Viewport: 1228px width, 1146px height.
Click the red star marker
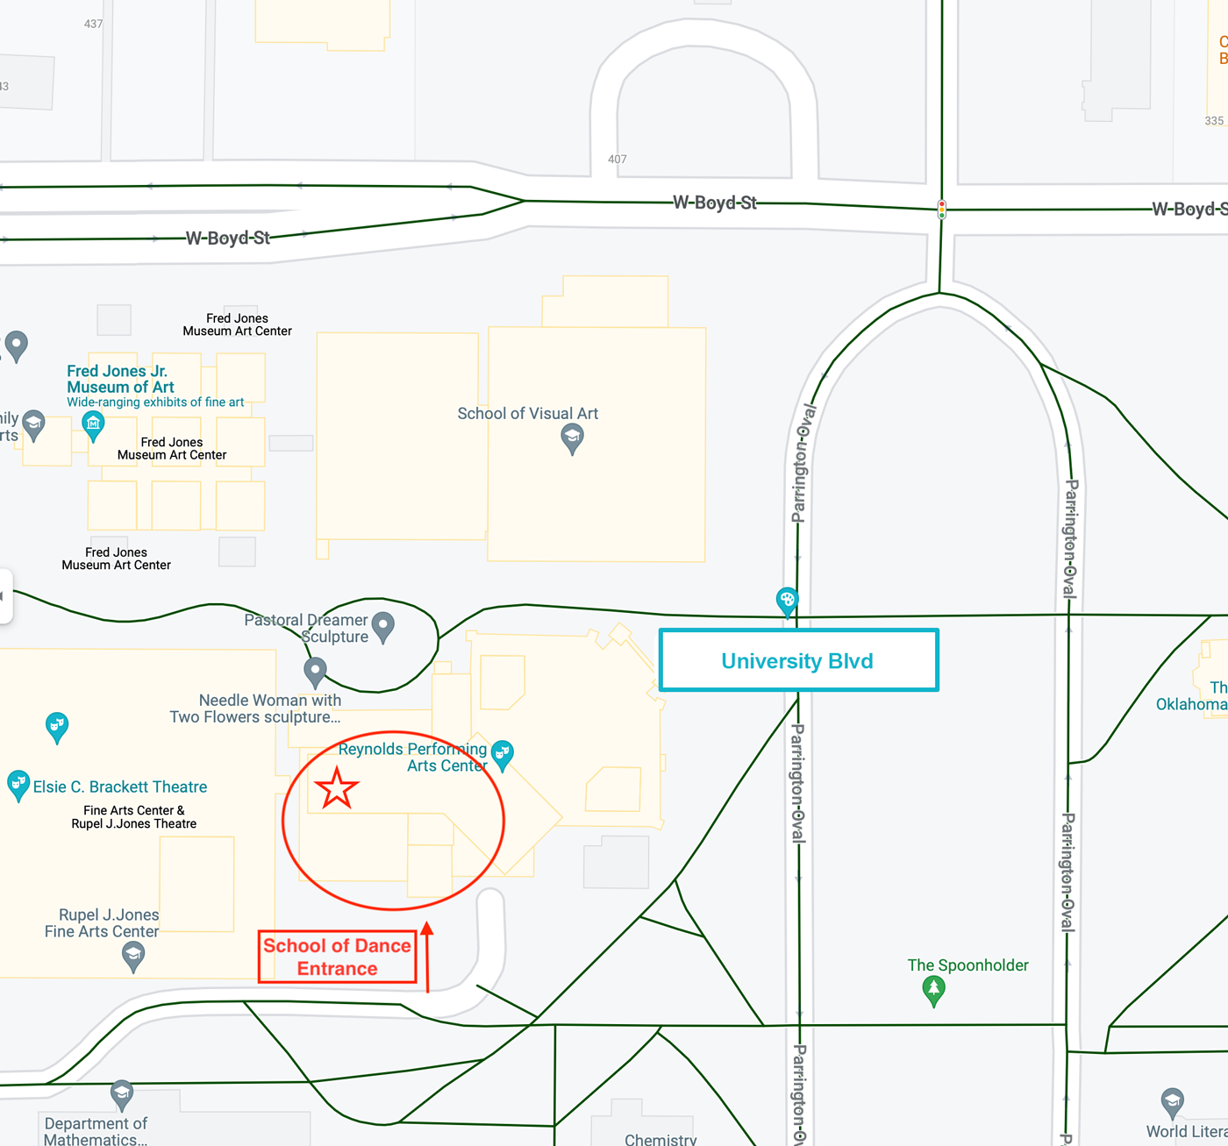[336, 787]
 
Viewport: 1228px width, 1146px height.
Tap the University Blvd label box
[798, 660]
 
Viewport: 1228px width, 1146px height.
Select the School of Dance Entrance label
[337, 957]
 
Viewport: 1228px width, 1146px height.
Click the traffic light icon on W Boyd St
[941, 210]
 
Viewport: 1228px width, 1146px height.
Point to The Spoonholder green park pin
[933, 990]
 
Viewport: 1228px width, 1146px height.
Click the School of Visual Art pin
[572, 438]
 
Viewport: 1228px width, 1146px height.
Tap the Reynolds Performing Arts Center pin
[502, 753]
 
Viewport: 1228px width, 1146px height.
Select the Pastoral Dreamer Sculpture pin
[383, 626]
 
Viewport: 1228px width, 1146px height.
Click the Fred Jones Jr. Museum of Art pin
[93, 425]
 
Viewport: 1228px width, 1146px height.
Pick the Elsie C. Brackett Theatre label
[120, 787]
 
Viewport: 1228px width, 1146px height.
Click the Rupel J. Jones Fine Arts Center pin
[133, 954]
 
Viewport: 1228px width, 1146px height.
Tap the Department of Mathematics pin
[122, 1093]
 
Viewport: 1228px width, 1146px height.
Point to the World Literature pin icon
[1172, 1100]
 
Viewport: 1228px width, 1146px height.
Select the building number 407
[618, 160]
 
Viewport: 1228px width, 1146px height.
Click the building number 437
[94, 24]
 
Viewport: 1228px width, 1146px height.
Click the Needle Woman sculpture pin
[315, 673]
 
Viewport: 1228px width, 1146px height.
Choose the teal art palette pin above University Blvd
[787, 601]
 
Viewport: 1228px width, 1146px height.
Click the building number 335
[1214, 121]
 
